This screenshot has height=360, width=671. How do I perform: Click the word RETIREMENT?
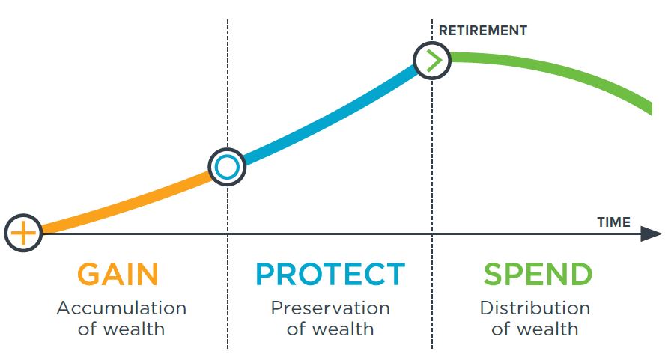click(x=483, y=31)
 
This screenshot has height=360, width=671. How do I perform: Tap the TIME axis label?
click(x=613, y=222)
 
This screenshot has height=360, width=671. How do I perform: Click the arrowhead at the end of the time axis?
click(x=652, y=234)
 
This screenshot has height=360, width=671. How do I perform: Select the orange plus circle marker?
click(x=23, y=233)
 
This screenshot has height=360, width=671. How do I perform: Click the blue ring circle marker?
click(x=227, y=167)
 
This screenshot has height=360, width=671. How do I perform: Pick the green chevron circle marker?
click(x=432, y=61)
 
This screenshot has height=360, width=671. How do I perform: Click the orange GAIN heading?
click(x=118, y=274)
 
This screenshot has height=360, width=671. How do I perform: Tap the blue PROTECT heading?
click(x=330, y=274)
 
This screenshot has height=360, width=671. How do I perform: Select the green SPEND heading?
click(x=538, y=274)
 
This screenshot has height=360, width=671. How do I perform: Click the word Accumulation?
click(x=121, y=308)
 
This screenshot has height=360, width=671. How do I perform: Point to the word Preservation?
click(x=330, y=308)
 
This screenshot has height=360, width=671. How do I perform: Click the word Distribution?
click(x=535, y=308)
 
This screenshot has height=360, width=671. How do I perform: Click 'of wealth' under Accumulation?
click(x=121, y=329)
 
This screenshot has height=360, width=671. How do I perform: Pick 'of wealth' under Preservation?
click(x=330, y=329)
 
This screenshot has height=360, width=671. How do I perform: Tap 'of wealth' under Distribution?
click(x=535, y=329)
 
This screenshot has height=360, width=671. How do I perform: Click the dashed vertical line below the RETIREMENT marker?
click(x=432, y=214)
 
